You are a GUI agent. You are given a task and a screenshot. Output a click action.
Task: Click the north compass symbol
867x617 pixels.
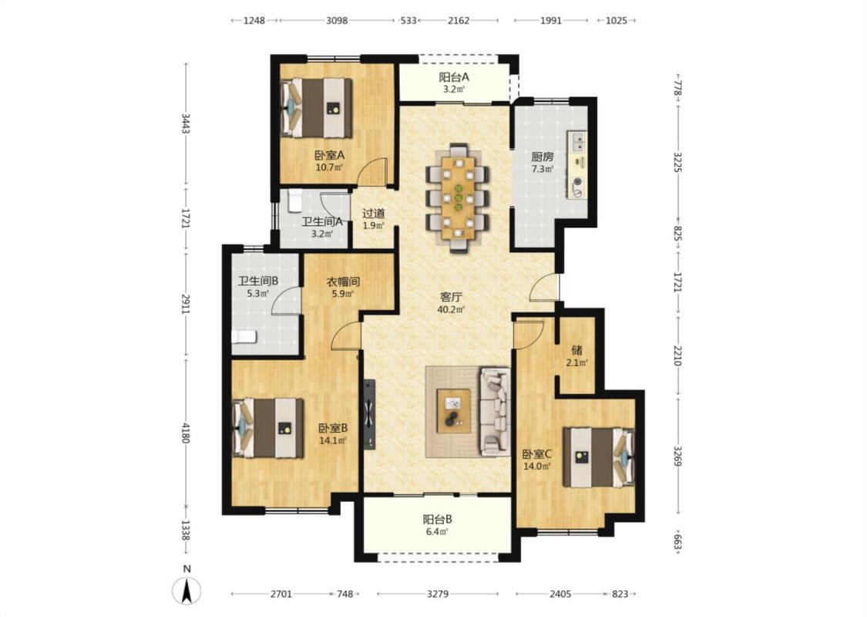[x=187, y=590]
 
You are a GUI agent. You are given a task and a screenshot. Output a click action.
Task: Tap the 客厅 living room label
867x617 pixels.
[x=451, y=297]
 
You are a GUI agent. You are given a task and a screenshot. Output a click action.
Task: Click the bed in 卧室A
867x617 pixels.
[x=316, y=108]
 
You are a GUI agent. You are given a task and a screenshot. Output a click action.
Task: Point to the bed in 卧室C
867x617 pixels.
[x=599, y=457]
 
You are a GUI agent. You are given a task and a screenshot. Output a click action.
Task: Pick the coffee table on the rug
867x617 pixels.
[x=454, y=410]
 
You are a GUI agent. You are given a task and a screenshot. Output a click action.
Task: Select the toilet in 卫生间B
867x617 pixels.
[x=244, y=336]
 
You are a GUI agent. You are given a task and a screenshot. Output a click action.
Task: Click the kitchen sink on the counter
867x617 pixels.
[x=578, y=142]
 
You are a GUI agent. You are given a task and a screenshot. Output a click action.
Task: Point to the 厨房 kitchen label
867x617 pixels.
[x=543, y=157]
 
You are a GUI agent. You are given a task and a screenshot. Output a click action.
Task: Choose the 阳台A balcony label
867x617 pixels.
[x=454, y=77]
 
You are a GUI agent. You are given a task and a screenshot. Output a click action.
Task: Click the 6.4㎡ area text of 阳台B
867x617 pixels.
[x=437, y=532]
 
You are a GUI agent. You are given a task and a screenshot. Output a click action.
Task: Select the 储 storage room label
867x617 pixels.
[x=576, y=349]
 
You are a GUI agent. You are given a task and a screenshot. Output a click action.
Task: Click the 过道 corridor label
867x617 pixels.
[x=374, y=213]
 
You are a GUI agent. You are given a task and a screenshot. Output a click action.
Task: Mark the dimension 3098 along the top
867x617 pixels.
[x=337, y=21]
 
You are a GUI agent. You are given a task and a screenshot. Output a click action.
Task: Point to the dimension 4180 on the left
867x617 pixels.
[x=186, y=432]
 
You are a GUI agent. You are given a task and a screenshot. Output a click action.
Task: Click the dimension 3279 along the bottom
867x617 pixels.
[x=438, y=594]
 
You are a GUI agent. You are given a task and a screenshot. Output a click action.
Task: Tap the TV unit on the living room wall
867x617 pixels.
[x=369, y=414]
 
